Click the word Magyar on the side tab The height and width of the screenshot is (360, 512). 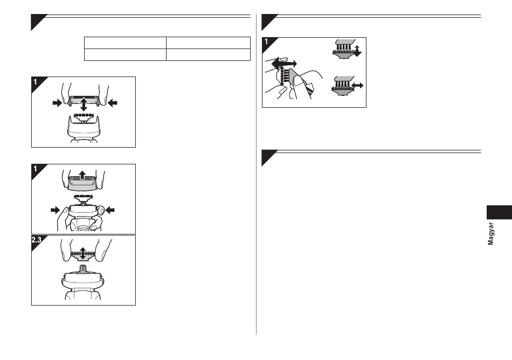[x=490, y=234]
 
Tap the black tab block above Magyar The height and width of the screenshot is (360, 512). [x=499, y=212]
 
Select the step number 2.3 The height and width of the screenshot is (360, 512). [x=36, y=240]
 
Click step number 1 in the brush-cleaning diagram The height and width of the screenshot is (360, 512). [x=266, y=42]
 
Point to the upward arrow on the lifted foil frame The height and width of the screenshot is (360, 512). [x=82, y=175]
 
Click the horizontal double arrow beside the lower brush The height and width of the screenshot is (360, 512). [x=357, y=86]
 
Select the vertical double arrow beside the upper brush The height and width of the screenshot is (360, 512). [x=358, y=51]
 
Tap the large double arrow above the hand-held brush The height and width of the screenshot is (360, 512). [x=284, y=63]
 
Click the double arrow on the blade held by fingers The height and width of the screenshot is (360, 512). [x=83, y=253]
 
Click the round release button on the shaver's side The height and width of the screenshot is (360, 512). [x=101, y=211]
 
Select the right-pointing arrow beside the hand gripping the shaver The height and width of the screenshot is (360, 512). [x=56, y=210]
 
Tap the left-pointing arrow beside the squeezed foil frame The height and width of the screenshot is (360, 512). [x=112, y=103]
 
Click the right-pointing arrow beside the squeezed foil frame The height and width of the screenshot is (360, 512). [x=57, y=103]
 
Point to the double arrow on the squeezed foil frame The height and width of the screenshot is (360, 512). [x=84, y=104]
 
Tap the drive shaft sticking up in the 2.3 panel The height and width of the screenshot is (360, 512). [x=84, y=269]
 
